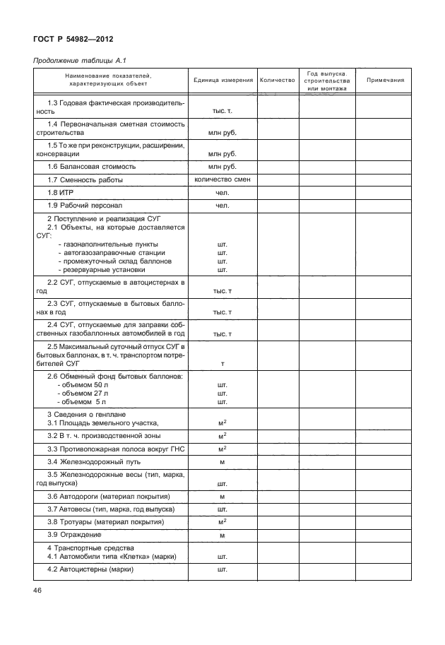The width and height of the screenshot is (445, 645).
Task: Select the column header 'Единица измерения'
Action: coord(222,81)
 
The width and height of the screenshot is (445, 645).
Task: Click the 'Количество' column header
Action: coord(277,81)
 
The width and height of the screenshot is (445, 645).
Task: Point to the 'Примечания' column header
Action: coord(386,81)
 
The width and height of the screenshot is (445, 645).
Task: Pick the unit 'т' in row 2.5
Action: coord(222,363)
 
